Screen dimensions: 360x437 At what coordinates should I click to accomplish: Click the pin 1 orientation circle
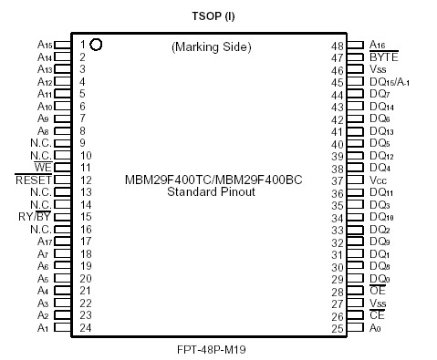pos(96,44)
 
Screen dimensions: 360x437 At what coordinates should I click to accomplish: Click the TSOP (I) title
pos(218,16)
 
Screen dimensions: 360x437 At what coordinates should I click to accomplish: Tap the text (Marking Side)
pos(211,46)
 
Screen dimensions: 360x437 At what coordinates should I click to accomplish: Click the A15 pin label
pos(44,44)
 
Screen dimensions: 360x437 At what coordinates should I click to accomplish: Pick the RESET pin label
pos(34,180)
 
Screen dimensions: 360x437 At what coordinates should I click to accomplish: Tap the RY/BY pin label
pos(35,217)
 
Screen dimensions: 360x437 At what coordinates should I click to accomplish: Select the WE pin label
pos(43,168)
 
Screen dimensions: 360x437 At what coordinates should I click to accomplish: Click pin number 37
pos(337,180)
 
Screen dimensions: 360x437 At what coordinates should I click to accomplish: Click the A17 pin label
pos(44,242)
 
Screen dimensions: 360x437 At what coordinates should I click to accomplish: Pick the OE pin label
pos(378,291)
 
